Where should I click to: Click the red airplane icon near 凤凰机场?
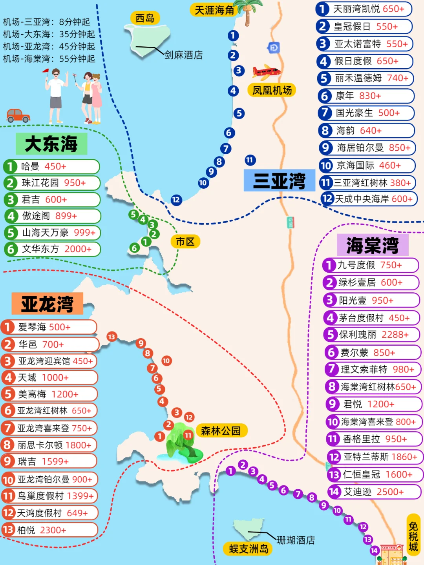coord(266,72)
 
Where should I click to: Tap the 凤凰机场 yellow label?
coord(272,91)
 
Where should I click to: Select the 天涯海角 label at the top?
coord(214,10)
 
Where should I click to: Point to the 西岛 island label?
coord(145,18)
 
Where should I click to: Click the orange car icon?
coord(18,115)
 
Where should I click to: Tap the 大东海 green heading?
coord(51,144)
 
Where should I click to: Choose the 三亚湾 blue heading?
coord(279,180)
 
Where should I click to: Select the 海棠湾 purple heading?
coord(372,245)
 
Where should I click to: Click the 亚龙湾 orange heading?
coord(47,304)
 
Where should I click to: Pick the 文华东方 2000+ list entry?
coord(53,249)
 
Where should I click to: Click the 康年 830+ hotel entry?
coord(366,96)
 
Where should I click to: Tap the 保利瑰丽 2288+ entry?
coord(371,335)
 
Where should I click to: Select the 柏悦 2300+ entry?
coord(49,530)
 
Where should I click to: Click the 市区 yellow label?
coord(185,242)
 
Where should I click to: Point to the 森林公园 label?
coord(221,431)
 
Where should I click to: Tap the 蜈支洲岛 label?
coord(249,549)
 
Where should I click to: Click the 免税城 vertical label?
coord(413,536)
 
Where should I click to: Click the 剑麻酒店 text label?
coord(183,55)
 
